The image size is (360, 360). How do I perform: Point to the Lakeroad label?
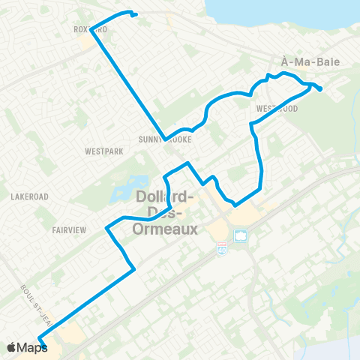click(x=30, y=196)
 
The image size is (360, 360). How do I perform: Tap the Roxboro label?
click(x=91, y=30)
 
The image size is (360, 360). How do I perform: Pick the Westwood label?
click(x=277, y=109)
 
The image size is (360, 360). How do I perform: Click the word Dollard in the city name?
click(x=164, y=197)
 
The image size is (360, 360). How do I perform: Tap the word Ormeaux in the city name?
click(x=164, y=229)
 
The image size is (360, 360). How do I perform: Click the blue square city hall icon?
click(x=241, y=235)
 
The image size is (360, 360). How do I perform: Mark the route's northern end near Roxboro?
click(x=134, y=14)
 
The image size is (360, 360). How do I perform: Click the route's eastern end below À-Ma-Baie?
click(x=321, y=90)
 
